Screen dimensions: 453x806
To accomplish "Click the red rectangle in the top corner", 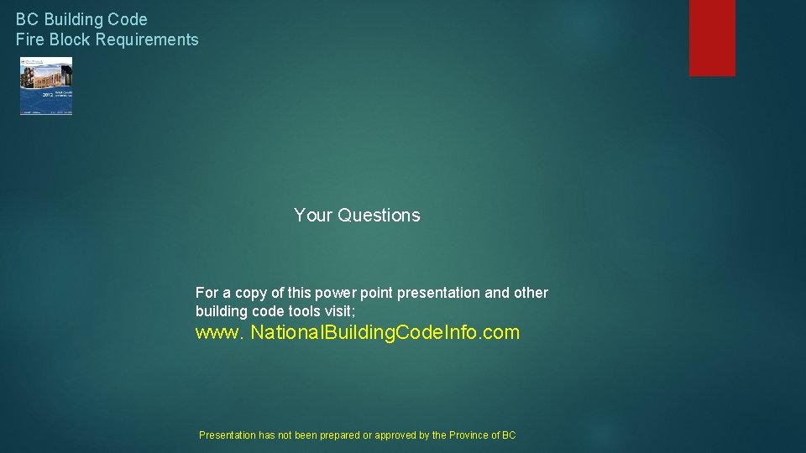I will (712, 38).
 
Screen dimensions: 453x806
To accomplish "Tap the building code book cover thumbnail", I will (46, 86).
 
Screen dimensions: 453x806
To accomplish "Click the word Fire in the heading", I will (30, 39).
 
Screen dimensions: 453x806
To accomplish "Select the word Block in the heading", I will (70, 39).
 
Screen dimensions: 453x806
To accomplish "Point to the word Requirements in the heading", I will (147, 39).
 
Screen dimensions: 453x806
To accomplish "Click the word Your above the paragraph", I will (313, 216).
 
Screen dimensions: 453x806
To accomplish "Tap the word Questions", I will (379, 216).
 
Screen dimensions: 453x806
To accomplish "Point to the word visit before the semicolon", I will (338, 310).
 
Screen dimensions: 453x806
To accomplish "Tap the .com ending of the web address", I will (501, 333).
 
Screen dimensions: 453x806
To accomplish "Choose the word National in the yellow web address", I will (288, 333).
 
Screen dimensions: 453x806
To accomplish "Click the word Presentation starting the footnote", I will (227, 435).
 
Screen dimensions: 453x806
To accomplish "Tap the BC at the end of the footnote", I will (509, 435).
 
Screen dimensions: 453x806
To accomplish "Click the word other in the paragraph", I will (530, 293).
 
